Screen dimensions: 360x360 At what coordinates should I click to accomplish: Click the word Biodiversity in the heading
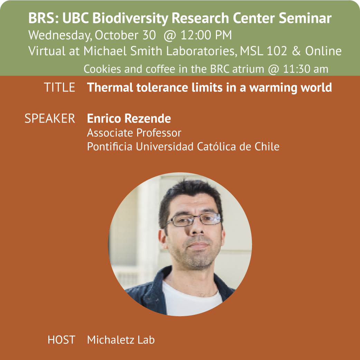tap(131, 18)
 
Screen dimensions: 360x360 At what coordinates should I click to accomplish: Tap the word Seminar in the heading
tap(305, 18)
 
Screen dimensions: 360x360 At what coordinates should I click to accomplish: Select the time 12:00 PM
tap(206, 35)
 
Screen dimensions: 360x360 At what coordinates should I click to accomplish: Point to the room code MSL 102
tap(263, 51)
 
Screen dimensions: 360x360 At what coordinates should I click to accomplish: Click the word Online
tap(323, 51)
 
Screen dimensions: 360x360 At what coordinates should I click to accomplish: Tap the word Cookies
tap(102, 69)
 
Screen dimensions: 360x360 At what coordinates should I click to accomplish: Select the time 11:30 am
tap(305, 69)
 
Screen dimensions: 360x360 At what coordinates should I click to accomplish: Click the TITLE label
tap(59, 87)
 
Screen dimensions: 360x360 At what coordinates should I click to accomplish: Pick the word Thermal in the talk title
tap(110, 87)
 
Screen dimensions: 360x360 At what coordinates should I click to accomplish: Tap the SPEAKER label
tap(50, 118)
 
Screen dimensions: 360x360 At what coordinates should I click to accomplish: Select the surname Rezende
tap(148, 118)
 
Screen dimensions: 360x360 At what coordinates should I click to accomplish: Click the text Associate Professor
tap(134, 133)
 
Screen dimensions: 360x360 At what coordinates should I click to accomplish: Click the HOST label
tap(61, 340)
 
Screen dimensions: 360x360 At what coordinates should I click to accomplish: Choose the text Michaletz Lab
tap(121, 340)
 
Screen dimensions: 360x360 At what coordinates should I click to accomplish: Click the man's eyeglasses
tap(194, 220)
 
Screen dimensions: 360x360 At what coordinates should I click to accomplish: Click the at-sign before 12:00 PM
tap(170, 35)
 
